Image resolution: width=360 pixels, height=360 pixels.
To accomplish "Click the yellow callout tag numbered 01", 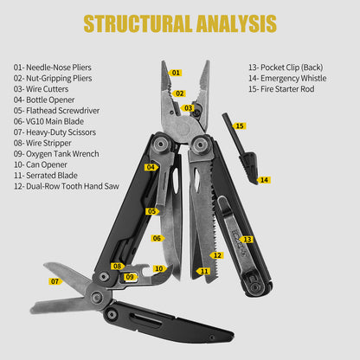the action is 176,73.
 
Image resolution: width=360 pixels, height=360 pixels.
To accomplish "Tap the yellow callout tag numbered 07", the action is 55,281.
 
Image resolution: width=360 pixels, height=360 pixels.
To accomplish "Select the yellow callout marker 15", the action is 239,126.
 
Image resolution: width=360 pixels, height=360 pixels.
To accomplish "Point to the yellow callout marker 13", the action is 247,240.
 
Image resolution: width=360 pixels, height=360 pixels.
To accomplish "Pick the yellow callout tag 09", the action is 131,277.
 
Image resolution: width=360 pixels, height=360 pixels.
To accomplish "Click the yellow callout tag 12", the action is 216,255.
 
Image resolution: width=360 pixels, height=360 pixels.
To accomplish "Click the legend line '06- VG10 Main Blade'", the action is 48,121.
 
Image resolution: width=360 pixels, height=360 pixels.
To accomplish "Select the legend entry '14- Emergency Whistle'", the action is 287,78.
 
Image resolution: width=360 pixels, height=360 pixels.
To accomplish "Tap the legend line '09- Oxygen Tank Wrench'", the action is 56,154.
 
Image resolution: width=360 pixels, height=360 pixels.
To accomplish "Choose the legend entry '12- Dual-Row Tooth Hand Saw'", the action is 67,186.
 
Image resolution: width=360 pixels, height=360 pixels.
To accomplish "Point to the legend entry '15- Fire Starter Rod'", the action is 281,89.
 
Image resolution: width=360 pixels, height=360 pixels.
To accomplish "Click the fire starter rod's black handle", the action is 248,167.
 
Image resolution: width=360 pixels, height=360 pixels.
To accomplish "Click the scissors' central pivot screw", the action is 96,297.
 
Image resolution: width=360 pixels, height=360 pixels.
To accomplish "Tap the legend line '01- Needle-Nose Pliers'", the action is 53,67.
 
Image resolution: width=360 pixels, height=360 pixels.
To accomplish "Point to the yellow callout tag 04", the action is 151,167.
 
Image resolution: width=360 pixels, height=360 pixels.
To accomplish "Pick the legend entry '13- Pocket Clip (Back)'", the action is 286,67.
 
